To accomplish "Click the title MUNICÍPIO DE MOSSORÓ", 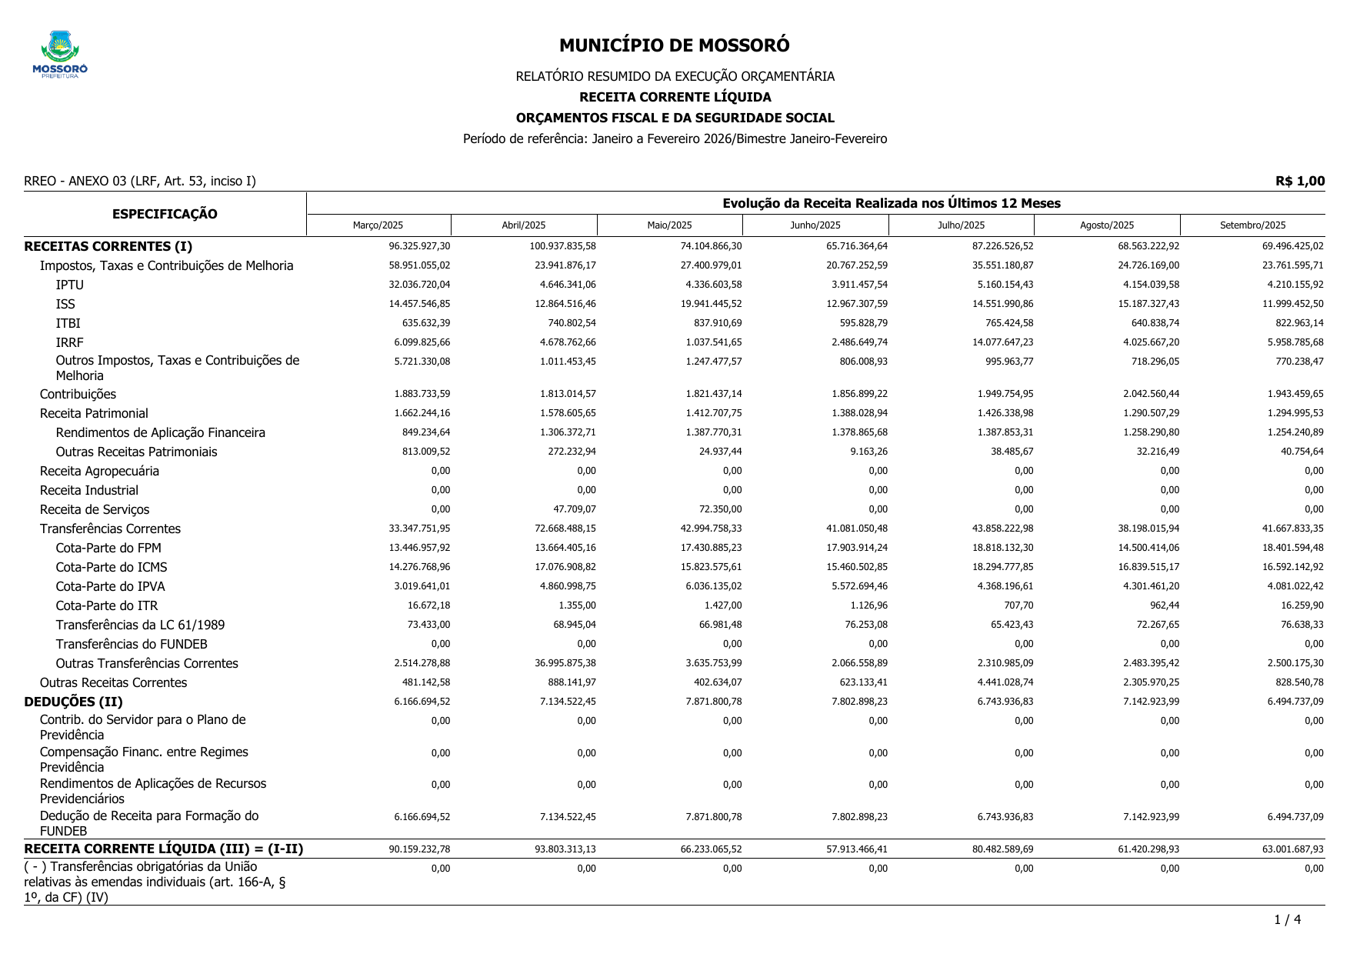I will [x=674, y=45].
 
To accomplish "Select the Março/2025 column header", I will [x=378, y=225].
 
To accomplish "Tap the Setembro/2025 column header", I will [x=1252, y=225].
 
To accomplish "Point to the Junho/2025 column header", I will [x=815, y=225].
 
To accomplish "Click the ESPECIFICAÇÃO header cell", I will [x=165, y=214].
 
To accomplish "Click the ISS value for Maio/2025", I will [x=713, y=304].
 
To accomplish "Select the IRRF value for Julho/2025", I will [x=1002, y=342].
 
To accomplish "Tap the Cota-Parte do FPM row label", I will [x=108, y=548].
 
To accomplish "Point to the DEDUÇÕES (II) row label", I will [x=74, y=702].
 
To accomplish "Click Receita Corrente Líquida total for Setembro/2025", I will [x=1295, y=849].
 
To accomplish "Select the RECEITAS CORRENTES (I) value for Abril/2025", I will [x=562, y=246].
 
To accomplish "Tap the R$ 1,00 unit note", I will [x=1299, y=181].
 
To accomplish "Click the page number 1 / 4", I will [x=1287, y=919].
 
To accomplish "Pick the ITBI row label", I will [x=68, y=323].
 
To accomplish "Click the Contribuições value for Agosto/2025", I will [x=1148, y=394].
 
